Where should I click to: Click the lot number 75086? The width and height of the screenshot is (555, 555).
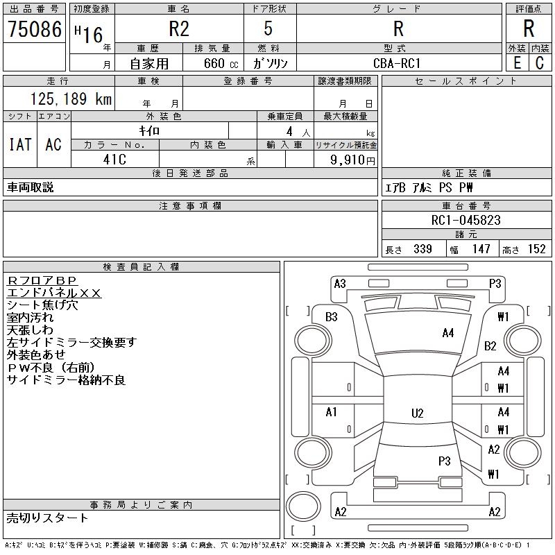(x=34, y=30)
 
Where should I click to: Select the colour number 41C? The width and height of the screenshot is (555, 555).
(x=114, y=159)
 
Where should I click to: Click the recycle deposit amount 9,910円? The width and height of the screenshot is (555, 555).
(x=353, y=160)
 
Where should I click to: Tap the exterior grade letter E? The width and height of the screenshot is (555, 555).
(x=517, y=63)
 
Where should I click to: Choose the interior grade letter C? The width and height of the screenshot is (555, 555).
(x=540, y=63)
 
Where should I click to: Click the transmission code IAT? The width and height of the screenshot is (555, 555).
(x=19, y=144)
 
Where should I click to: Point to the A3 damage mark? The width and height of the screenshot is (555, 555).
(x=340, y=283)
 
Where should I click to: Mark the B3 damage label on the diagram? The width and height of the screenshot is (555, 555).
(x=332, y=317)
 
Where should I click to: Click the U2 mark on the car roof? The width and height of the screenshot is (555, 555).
(x=417, y=413)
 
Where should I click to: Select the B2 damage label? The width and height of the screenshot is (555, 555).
(x=490, y=345)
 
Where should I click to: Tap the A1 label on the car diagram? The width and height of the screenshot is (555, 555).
(x=332, y=412)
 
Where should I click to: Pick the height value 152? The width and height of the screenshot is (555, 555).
(x=536, y=249)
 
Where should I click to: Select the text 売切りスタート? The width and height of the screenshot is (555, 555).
(x=48, y=518)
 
